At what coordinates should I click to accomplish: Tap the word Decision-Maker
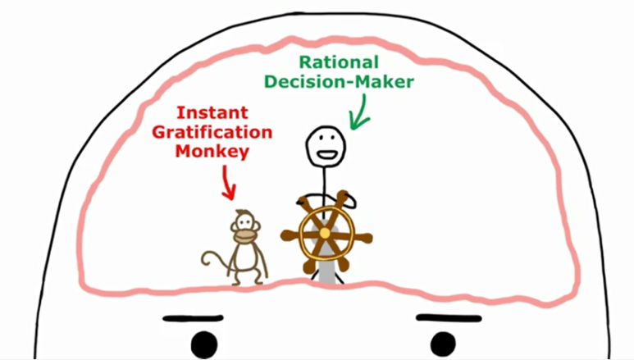[x=340, y=82]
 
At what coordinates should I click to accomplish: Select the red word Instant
[x=212, y=112]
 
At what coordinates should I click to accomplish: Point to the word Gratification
[x=212, y=132]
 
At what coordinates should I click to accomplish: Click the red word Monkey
[x=212, y=152]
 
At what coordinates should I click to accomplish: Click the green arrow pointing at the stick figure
[x=359, y=112]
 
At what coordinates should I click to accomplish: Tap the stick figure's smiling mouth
[x=326, y=155]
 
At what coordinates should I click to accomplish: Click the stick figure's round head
[x=326, y=147]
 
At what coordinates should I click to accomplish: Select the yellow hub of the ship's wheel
[x=325, y=234]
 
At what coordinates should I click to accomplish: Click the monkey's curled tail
[x=215, y=260]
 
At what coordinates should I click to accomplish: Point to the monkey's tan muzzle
[x=245, y=236]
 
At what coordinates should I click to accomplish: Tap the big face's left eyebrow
[x=193, y=319]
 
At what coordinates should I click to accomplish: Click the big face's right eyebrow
[x=449, y=318]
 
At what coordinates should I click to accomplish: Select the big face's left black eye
[x=204, y=345]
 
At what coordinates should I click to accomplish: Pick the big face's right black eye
[x=443, y=345]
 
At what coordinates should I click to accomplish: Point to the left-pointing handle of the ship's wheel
[x=290, y=235]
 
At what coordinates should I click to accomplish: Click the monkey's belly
[x=245, y=256]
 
